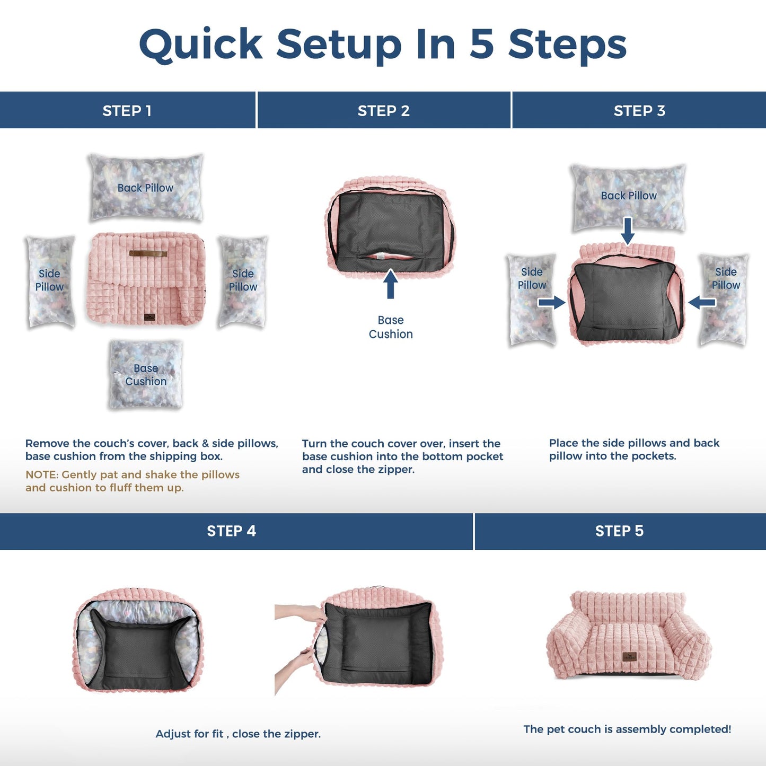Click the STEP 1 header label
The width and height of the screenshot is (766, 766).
(127, 111)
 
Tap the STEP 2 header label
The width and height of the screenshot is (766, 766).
(384, 111)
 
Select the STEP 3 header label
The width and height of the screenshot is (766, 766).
(639, 111)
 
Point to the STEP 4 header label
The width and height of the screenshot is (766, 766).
(231, 531)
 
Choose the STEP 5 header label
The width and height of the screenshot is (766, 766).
(619, 531)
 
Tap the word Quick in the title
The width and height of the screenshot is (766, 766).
(201, 45)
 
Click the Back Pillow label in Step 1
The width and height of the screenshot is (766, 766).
(145, 188)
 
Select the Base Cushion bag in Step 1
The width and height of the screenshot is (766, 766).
(146, 374)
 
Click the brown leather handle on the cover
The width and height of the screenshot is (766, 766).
(148, 253)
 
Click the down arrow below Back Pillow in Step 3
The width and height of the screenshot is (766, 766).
(628, 231)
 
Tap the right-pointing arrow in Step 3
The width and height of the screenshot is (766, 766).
(551, 303)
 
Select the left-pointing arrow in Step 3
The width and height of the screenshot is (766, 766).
(702, 303)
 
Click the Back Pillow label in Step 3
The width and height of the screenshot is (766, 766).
(629, 196)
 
